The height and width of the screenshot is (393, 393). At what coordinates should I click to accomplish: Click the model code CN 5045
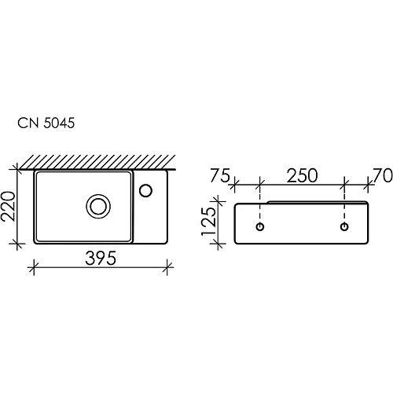pyautogui.click(x=46, y=123)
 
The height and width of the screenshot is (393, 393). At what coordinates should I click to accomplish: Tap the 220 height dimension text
pyautogui.click(x=9, y=205)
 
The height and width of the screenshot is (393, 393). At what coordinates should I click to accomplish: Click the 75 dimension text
pyautogui.click(x=219, y=176)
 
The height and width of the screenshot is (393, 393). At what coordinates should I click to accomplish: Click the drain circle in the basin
pyautogui.click(x=98, y=206)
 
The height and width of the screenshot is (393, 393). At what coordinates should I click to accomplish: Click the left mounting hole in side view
pyautogui.click(x=260, y=227)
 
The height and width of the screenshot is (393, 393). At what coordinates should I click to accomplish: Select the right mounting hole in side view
pyautogui.click(x=344, y=227)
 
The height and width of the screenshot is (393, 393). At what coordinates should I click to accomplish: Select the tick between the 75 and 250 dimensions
pyautogui.click(x=260, y=186)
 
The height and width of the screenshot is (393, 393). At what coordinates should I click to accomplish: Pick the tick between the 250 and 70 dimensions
pyautogui.click(x=344, y=186)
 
